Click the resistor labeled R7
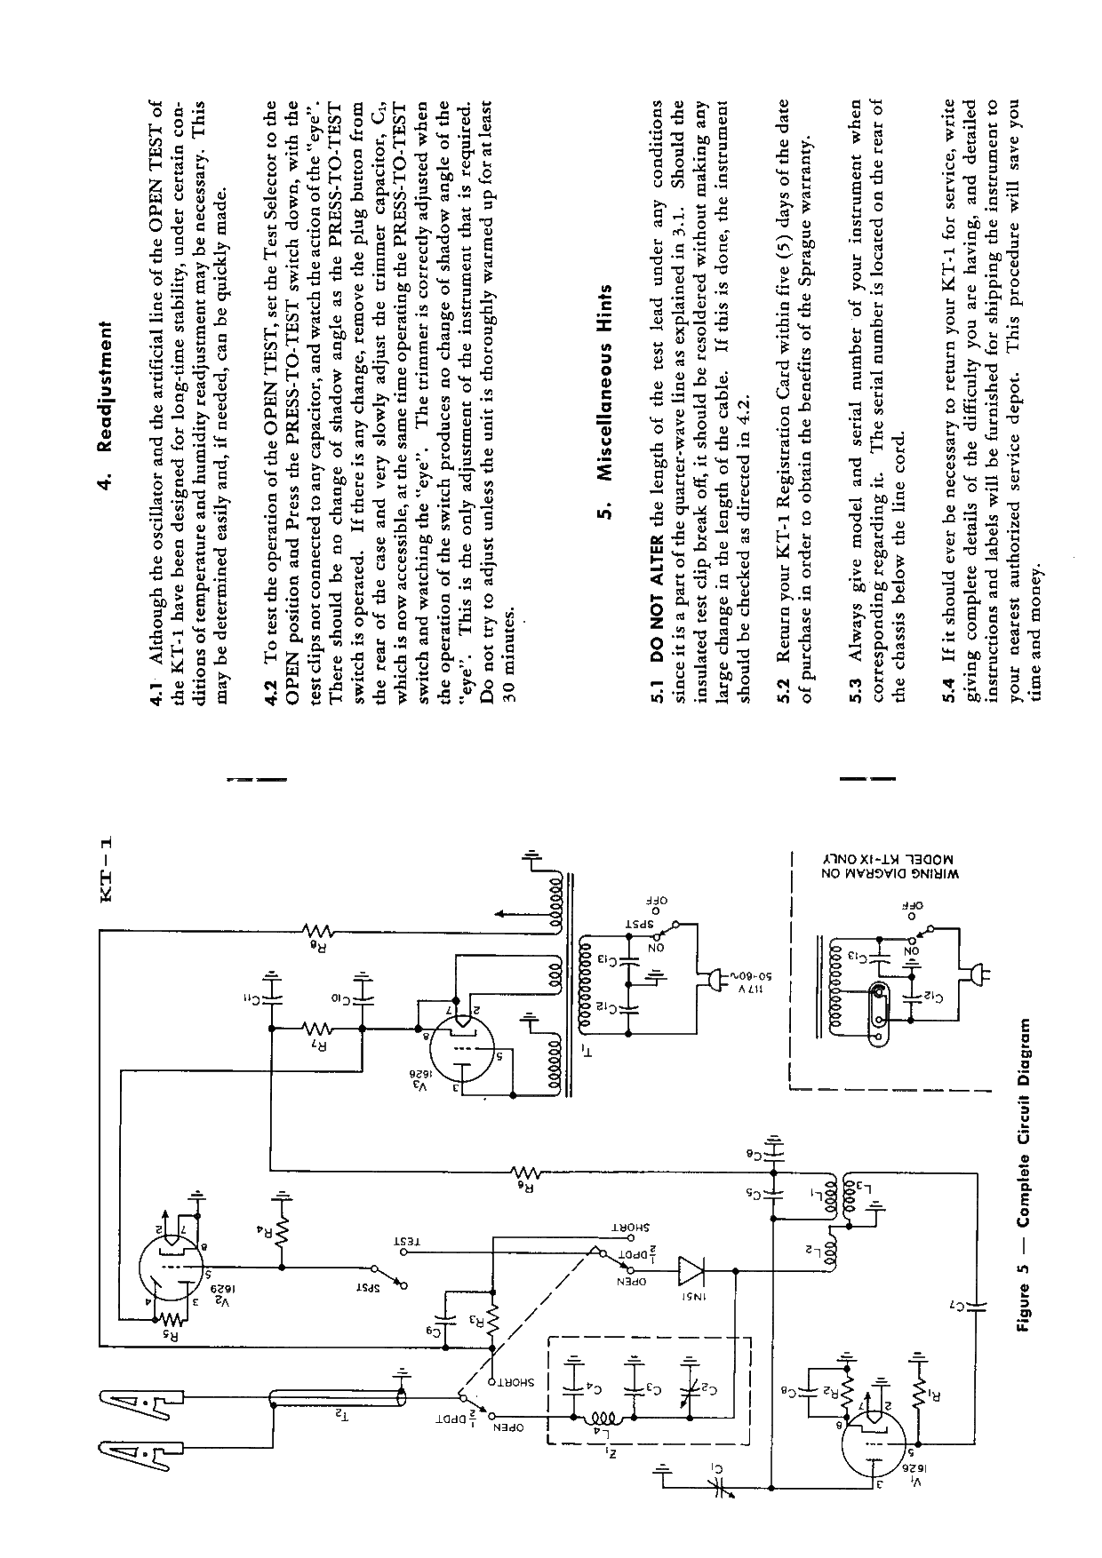click(317, 1029)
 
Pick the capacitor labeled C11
click(273, 994)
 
